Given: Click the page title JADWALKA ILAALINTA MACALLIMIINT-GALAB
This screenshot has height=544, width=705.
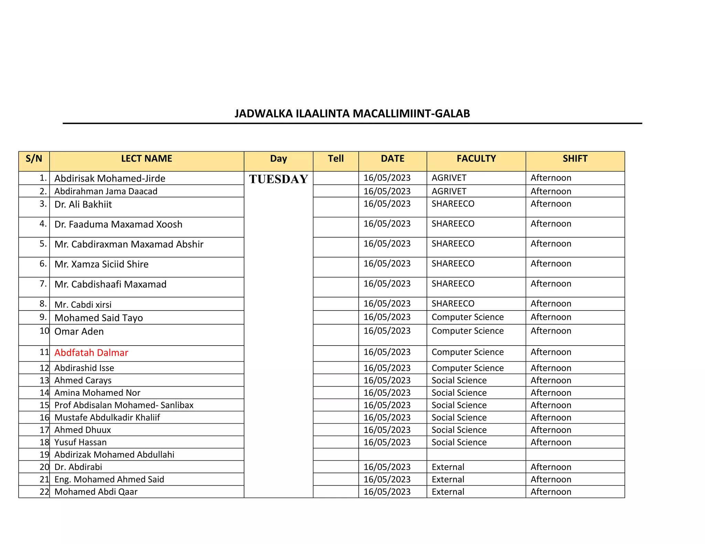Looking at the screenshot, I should (352, 113).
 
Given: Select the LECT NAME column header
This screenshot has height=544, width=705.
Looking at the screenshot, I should (146, 159).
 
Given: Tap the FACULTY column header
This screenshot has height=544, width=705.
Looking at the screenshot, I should (476, 159).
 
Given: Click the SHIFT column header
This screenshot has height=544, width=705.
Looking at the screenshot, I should (575, 159).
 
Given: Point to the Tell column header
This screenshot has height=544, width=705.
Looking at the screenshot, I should (336, 159).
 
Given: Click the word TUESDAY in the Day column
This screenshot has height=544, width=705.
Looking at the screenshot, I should (278, 179).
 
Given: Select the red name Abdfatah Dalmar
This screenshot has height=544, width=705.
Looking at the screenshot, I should (91, 352).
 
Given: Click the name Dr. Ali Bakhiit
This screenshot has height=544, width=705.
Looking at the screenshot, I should (83, 205).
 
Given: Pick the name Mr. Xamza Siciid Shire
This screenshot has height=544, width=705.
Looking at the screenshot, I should (102, 264).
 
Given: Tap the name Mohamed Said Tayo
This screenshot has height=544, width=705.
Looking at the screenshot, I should (98, 318).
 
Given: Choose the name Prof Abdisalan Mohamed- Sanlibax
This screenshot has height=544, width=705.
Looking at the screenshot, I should (124, 405).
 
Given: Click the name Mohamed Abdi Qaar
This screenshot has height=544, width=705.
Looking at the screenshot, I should (96, 492).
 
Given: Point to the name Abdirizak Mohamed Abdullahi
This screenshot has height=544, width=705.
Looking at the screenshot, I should (114, 455).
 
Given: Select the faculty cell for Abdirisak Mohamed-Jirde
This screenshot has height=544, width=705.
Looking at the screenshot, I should (449, 178).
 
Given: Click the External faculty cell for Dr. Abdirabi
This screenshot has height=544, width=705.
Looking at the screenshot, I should (448, 467).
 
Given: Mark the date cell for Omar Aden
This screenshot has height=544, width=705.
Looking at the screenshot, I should (387, 331).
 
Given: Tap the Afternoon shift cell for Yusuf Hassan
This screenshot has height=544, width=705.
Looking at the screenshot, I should (551, 442).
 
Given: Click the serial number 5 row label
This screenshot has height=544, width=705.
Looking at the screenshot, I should (43, 244).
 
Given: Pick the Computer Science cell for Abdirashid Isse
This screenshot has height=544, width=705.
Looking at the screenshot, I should (467, 368).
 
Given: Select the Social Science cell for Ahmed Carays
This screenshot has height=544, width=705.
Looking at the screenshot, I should (459, 380).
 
